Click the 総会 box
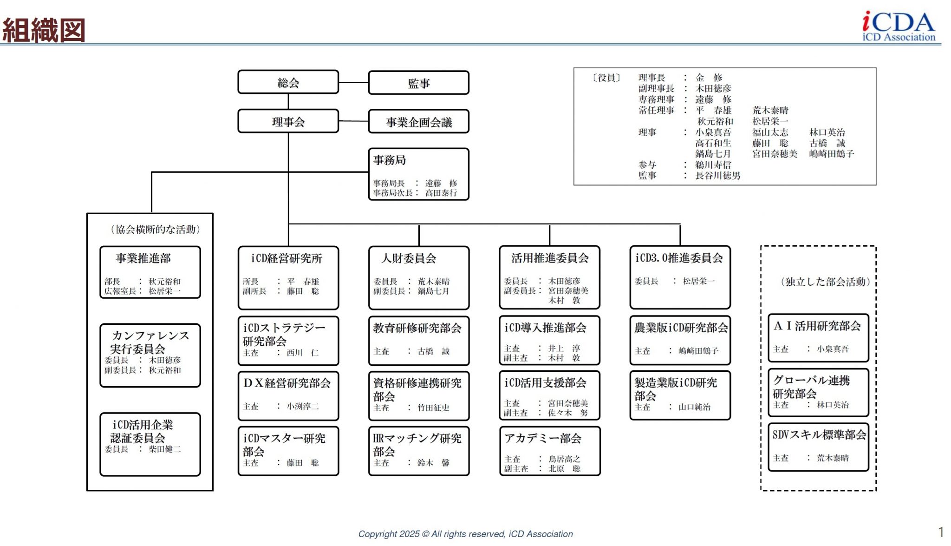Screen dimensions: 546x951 coord(288,83)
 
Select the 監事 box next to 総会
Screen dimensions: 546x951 coord(418,83)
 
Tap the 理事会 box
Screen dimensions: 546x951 coord(288,122)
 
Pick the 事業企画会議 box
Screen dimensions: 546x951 coord(418,122)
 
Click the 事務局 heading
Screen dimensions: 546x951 coord(390,160)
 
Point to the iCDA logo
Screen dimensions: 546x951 coord(898,26)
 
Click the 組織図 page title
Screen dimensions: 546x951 coord(44,30)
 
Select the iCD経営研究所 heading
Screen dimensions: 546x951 coord(287,258)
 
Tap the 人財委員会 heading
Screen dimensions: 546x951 coord(409,258)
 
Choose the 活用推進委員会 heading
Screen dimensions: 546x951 coord(550,258)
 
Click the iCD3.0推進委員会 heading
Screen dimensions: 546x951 coord(679,258)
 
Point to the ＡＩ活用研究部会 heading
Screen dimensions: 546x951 coord(817,326)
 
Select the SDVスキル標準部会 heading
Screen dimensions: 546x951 coord(819,435)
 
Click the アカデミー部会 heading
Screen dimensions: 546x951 coord(543,438)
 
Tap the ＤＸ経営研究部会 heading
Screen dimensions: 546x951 coord(287,383)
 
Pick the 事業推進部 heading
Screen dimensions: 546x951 coord(143,258)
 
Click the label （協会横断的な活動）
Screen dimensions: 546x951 coord(155,230)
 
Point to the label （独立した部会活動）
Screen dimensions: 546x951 coord(825,282)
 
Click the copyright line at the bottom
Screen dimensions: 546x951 coord(465,534)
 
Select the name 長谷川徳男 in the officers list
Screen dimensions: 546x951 coord(717,176)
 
